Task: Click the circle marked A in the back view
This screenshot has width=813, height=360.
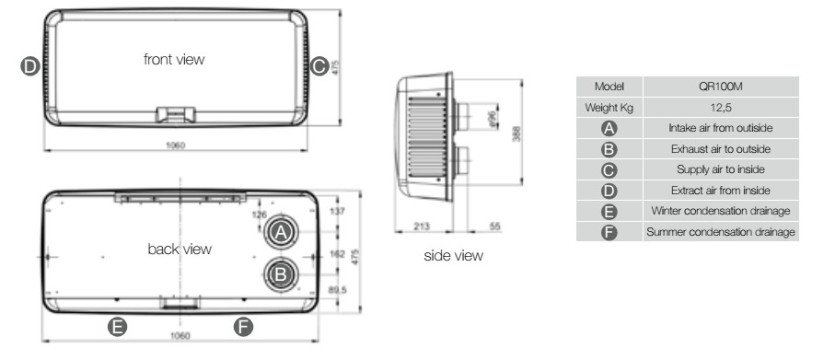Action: click(281, 232)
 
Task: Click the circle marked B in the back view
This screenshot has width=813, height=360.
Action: click(281, 274)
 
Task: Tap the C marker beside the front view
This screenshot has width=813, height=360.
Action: click(319, 66)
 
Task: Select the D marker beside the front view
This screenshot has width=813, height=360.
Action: click(30, 66)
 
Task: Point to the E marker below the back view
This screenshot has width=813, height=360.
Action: click(117, 327)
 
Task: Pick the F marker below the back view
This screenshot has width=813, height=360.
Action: click(243, 327)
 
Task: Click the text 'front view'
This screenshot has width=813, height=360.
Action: click(174, 59)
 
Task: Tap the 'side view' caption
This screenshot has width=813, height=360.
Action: click(453, 255)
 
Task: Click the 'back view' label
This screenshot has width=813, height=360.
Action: click(179, 249)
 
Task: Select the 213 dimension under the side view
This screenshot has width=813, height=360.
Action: click(423, 227)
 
